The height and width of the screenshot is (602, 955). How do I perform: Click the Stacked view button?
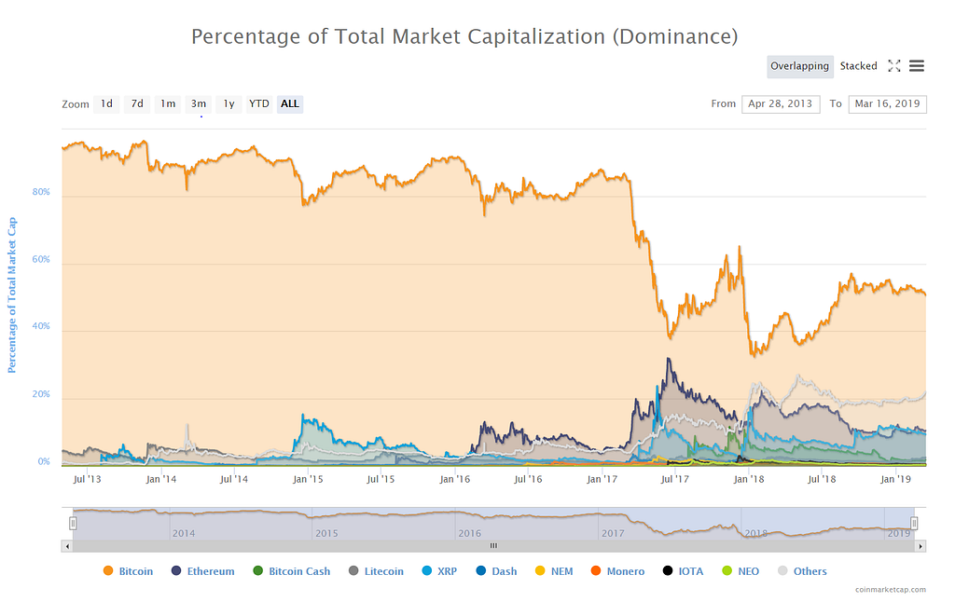858,66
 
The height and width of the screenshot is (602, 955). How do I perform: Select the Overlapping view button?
799,66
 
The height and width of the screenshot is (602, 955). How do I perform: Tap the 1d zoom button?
107,103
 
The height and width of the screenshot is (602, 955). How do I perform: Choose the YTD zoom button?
258,103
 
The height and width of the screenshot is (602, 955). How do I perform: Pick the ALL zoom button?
290,103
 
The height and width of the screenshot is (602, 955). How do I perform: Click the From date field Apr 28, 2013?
780,103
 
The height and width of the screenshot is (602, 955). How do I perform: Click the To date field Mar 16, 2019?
887,103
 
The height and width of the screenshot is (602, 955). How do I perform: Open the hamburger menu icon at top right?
917,66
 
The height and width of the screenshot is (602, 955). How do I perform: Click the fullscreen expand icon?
894,66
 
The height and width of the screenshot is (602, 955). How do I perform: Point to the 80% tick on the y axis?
42,194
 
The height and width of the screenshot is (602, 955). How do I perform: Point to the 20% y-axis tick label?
42,395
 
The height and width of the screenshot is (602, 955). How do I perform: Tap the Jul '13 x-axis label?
87,479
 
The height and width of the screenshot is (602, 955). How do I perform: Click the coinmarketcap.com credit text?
890,589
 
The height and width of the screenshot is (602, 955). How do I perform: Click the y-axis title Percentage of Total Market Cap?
13,294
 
